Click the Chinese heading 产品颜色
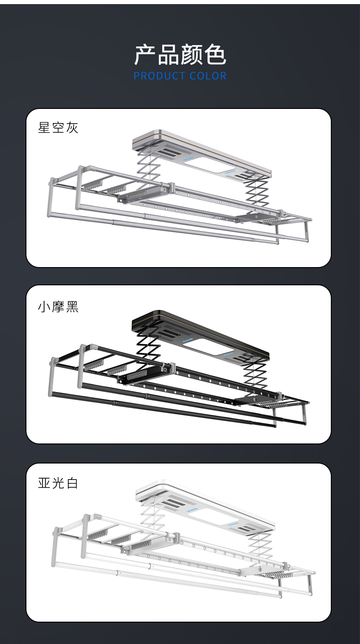click(180, 55)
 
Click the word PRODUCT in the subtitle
click(159, 76)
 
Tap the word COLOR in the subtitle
click(208, 76)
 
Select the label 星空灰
click(58, 128)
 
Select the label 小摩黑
click(58, 307)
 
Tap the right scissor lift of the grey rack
click(258, 191)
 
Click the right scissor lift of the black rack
click(255, 371)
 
